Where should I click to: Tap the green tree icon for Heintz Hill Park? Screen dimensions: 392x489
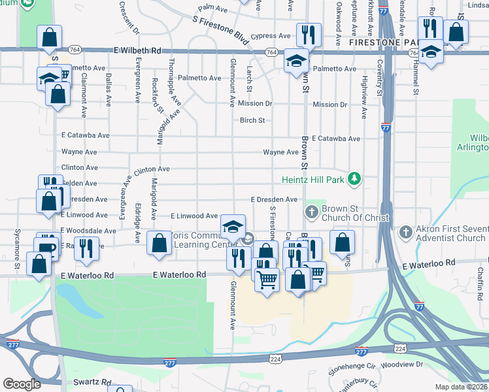(354, 178)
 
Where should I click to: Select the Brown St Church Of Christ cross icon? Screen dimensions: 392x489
(311, 212)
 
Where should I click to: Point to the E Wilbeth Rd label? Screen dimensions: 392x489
(137, 50)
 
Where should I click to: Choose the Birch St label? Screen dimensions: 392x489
(252, 120)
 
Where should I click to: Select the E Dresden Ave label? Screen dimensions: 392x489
(274, 200)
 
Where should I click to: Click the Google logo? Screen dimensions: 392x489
(22, 384)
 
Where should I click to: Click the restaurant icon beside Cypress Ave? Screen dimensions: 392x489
(307, 33)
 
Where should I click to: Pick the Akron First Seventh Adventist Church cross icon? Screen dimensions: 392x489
(405, 232)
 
